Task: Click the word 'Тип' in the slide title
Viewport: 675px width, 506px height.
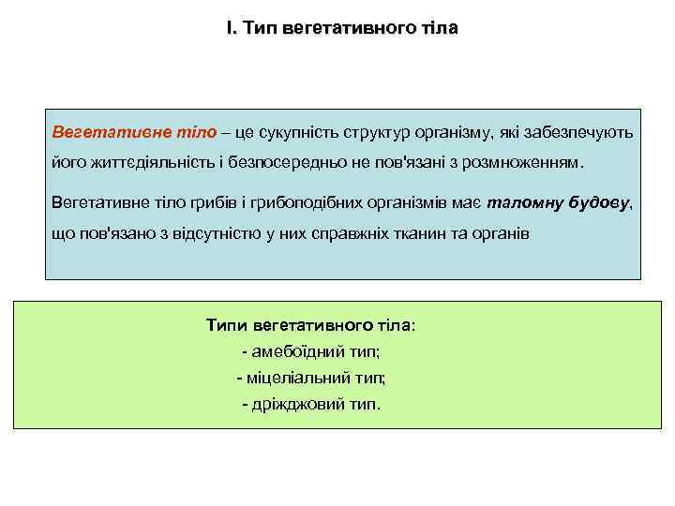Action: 257,29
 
